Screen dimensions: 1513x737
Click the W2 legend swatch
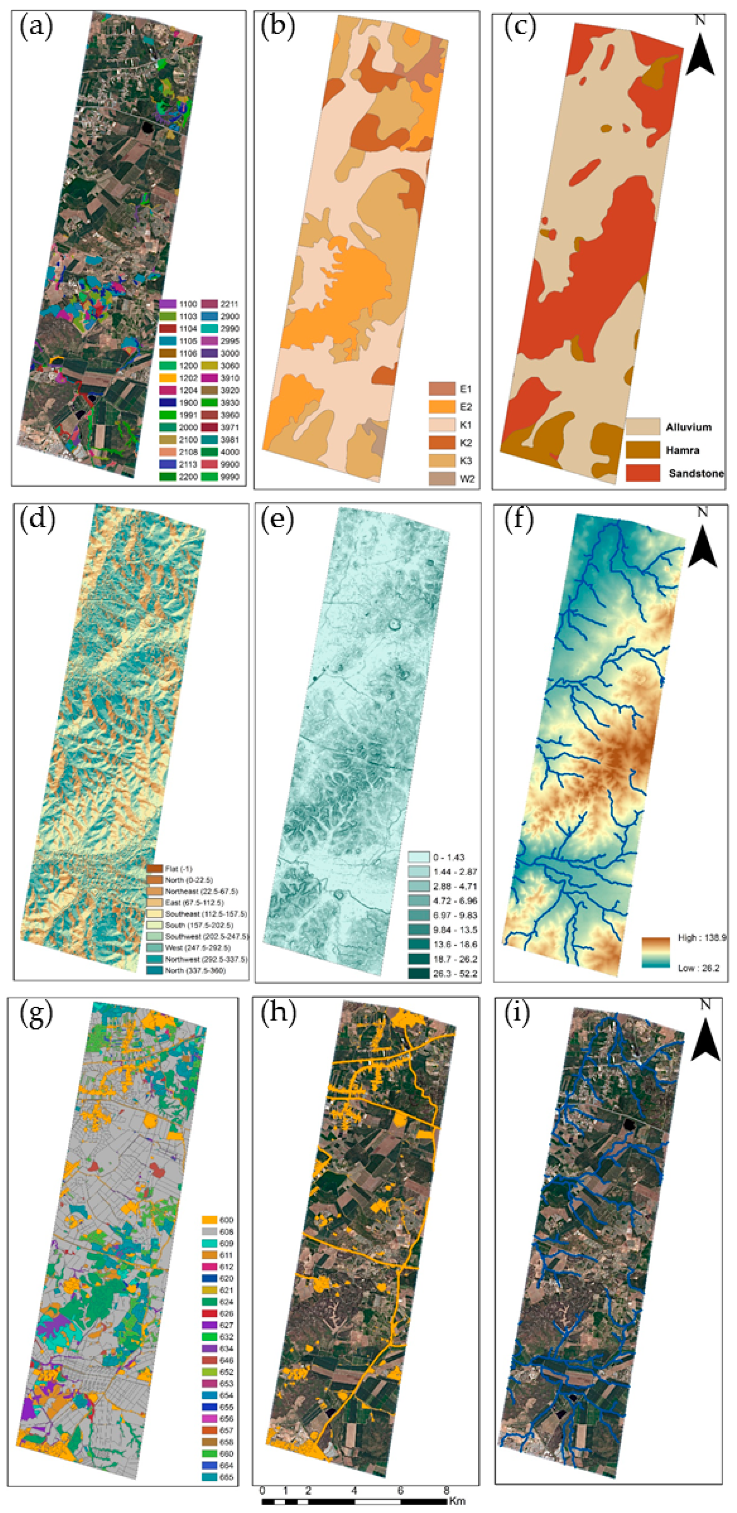[x=442, y=479]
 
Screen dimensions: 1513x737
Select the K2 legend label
[x=466, y=443]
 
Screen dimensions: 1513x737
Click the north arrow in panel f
[x=702, y=542]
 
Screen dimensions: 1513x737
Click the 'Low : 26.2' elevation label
[x=698, y=968]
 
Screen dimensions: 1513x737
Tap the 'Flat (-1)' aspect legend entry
[x=171, y=869]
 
